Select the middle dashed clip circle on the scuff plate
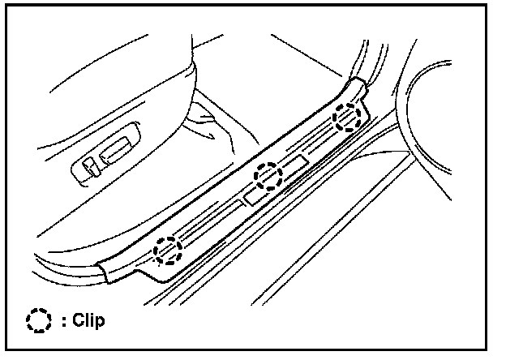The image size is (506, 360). click(267, 174)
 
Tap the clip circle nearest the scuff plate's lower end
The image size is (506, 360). click(168, 250)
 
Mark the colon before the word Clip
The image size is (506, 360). click(54, 320)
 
